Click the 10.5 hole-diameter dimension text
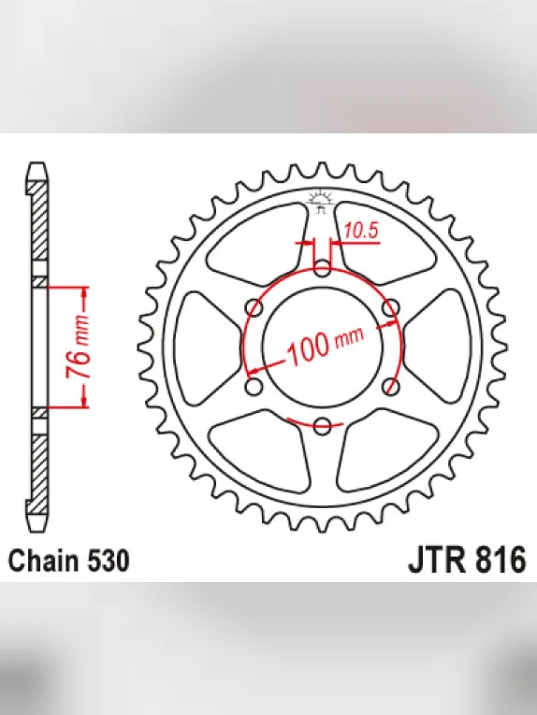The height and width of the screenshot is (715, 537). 361,231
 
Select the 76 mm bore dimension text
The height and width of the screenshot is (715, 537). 78,347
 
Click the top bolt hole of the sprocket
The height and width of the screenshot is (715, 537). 322,269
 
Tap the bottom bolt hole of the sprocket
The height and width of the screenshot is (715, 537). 322,425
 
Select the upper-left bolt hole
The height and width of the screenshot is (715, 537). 254,308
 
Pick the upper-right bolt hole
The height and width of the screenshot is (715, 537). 390,308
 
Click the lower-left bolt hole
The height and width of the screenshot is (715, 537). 254,387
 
